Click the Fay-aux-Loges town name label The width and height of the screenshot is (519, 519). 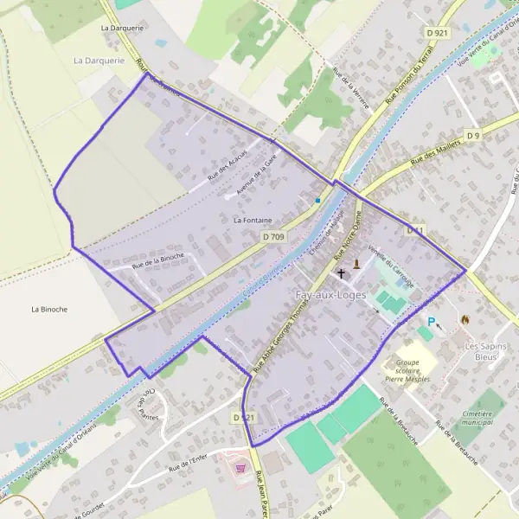(x=330, y=296)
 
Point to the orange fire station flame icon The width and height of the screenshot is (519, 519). (x=465, y=319)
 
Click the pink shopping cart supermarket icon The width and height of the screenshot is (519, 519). (x=240, y=467)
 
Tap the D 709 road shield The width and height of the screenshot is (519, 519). (x=272, y=236)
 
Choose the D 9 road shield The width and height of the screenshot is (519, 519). (x=472, y=136)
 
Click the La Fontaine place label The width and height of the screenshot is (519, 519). (x=253, y=221)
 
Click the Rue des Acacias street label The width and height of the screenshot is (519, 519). (x=227, y=164)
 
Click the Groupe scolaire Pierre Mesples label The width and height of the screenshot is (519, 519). (x=413, y=368)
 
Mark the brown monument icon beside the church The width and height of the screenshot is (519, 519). (x=356, y=263)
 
